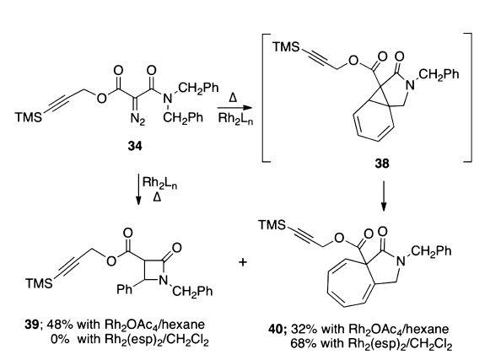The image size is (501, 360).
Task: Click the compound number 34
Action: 135,147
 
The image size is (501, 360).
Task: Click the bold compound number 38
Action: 382,164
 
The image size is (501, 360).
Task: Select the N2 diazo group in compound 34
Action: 137,120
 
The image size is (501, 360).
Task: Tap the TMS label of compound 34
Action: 29,117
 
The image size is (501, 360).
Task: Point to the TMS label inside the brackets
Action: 286,47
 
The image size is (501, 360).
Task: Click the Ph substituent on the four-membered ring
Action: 124,290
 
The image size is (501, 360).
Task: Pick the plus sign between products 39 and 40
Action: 243,262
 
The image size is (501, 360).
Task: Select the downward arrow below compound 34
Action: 138,189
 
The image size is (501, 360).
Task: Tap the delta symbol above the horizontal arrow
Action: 233,98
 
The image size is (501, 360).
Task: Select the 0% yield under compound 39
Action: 60,339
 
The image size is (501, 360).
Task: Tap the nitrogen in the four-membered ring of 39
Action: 164,281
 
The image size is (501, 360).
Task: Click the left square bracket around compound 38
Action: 266,98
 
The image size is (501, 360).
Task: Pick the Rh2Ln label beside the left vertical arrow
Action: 159,183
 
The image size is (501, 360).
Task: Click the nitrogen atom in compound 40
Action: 401,261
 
